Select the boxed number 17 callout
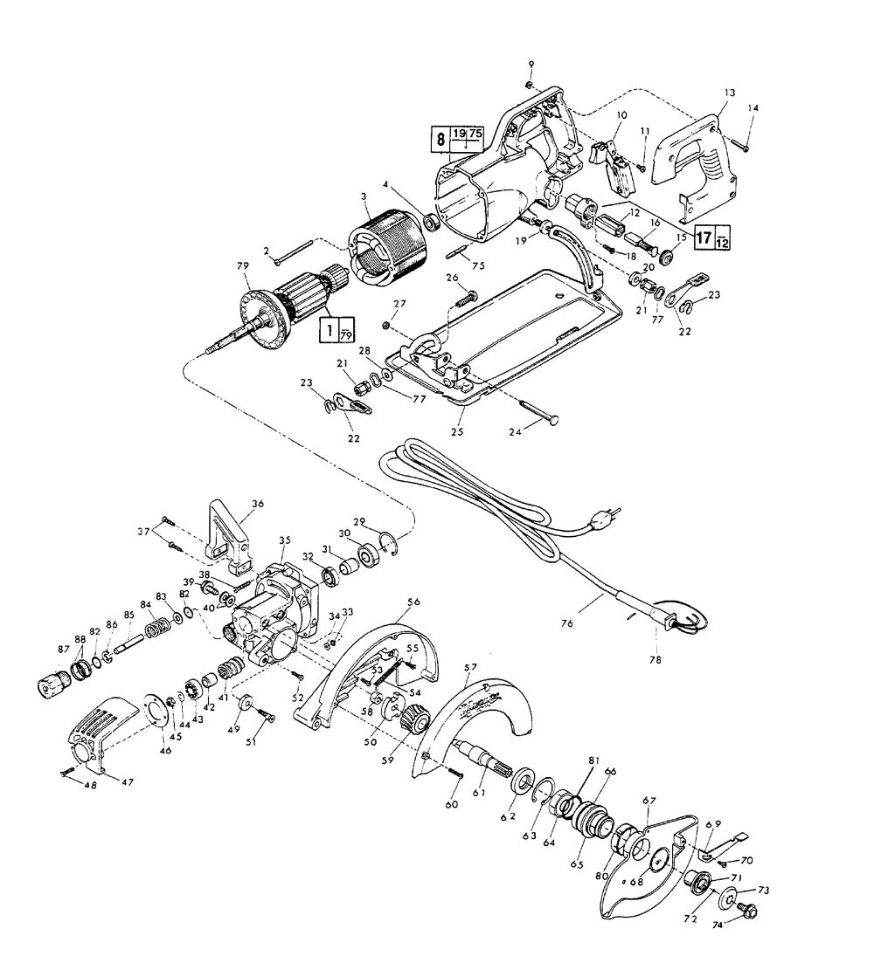[x=704, y=237]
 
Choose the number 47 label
[x=128, y=782]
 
